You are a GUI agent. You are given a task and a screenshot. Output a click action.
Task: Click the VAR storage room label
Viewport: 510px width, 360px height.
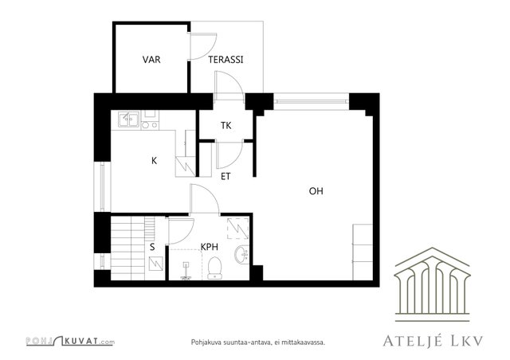(151, 60)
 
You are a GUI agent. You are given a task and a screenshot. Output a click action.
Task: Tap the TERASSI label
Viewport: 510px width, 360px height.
(226, 60)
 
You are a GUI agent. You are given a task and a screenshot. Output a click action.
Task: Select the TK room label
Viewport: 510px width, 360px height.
(226, 125)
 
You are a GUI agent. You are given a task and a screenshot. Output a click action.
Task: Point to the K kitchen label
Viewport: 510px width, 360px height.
(154, 160)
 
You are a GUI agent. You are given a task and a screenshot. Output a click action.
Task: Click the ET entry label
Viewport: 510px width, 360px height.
(226, 176)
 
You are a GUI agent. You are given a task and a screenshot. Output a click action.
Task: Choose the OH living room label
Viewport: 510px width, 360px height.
(316, 191)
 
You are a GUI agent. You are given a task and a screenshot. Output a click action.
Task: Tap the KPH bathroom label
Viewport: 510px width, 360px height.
(209, 247)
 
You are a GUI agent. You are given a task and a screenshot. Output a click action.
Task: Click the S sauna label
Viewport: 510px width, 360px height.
(152, 247)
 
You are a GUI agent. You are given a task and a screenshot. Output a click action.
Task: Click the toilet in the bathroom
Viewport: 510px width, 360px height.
(214, 268)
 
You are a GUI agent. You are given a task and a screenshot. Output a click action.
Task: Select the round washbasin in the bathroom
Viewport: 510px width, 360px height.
(241, 253)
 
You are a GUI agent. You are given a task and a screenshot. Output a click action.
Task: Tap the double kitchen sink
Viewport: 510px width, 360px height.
(129, 119)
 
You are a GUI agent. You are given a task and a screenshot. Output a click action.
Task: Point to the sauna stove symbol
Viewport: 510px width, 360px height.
(156, 264)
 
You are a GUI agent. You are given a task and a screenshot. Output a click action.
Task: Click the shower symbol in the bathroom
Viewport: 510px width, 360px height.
(186, 271)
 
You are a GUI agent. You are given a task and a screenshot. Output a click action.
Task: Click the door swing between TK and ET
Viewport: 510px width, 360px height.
(229, 155)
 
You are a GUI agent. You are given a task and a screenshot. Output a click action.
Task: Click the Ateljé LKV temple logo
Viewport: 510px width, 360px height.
(432, 284)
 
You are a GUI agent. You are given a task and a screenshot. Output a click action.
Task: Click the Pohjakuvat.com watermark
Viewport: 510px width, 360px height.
(70, 341)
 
